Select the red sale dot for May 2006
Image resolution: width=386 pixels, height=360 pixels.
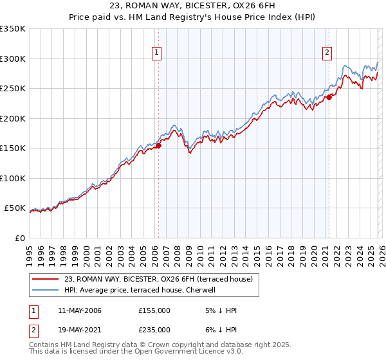158,145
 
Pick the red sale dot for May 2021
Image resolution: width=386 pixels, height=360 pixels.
329,98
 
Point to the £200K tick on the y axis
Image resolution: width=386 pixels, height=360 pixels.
13,118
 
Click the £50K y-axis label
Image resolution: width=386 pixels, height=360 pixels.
15,208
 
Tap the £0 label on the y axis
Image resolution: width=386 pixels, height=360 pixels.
19,239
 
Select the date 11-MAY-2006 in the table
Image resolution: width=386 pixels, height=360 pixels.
79,310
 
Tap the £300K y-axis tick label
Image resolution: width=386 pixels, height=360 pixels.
13,59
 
